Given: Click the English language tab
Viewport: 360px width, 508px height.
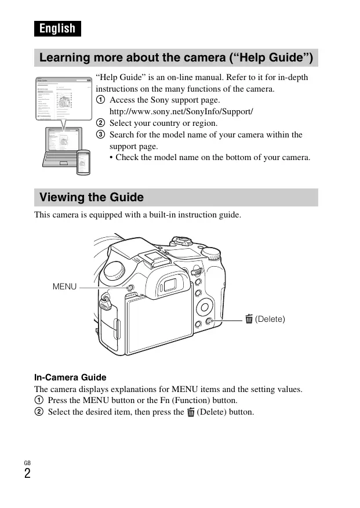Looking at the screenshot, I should pyautogui.click(x=57, y=28).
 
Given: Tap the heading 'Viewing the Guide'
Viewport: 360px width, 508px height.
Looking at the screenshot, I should pyautogui.click(x=92, y=197).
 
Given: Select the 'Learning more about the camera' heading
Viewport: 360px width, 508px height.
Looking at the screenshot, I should pyautogui.click(x=176, y=58).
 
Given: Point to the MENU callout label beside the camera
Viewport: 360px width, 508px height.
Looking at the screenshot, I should pyautogui.click(x=64, y=286).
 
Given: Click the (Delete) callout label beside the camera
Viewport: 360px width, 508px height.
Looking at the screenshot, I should pyautogui.click(x=270, y=319).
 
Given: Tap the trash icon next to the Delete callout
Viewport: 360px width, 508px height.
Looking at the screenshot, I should pyautogui.click(x=249, y=319).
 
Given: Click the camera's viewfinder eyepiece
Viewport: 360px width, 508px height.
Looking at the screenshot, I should pyautogui.click(x=170, y=285).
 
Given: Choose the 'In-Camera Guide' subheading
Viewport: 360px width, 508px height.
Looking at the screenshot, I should pyautogui.click(x=70, y=378).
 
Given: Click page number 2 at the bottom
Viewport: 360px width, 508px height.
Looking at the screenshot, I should pyautogui.click(x=27, y=473).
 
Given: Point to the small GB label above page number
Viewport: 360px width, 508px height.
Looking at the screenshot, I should pyautogui.click(x=27, y=462).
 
